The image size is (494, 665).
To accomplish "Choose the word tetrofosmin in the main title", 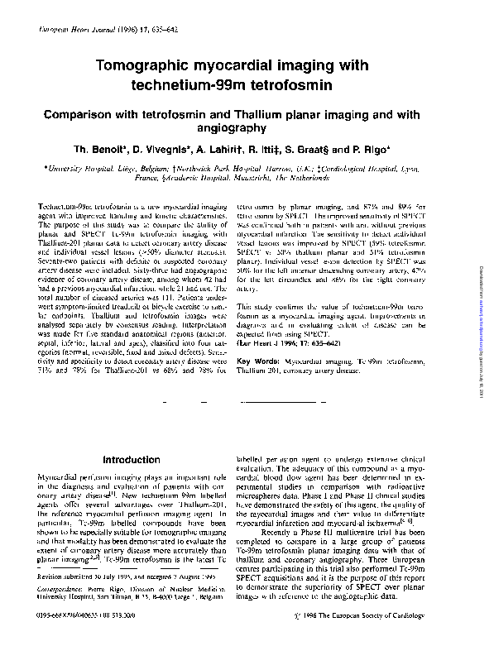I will (x=295, y=84).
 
